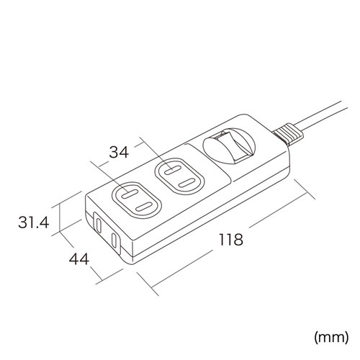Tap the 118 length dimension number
[x=229, y=239]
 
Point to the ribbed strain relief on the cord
[x=286, y=132]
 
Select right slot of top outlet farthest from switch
[x=143, y=207]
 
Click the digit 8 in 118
[x=240, y=239]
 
